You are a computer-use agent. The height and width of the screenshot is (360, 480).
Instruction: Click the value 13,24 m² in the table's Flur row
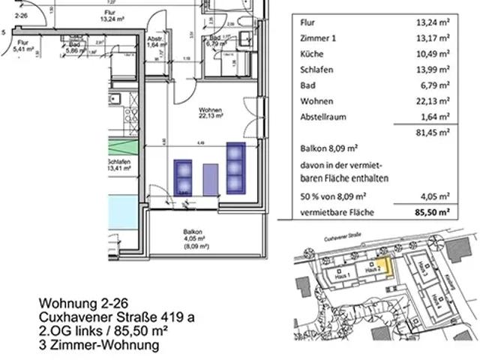coord(432,22)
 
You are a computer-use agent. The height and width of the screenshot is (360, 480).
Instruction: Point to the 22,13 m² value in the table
coord(432,100)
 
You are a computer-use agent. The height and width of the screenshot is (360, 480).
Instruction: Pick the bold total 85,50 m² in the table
coord(431,212)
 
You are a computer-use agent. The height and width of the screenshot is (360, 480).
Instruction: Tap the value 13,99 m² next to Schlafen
coord(432,69)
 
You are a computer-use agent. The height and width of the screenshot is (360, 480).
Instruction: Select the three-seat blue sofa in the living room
coord(236,166)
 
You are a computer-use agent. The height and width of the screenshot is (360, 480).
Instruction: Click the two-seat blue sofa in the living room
coord(183,175)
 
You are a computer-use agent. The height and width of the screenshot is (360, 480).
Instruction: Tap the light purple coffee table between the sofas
coord(211,178)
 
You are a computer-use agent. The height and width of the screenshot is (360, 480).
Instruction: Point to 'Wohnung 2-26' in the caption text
coord(78,304)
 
